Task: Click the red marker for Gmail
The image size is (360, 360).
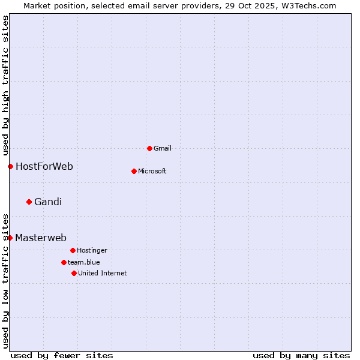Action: tap(149, 148)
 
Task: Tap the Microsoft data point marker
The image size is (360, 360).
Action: tap(134, 171)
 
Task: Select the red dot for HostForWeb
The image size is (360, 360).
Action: tap(10, 166)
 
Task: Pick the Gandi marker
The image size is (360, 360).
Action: tap(29, 202)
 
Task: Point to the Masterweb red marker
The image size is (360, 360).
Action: tap(10, 238)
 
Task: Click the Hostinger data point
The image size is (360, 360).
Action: tap(73, 250)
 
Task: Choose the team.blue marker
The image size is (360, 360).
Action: tap(64, 262)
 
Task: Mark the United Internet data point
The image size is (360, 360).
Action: tap(74, 273)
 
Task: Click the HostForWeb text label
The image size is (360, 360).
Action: tap(44, 167)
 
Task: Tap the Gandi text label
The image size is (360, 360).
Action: tap(48, 202)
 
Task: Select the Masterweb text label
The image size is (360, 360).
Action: tap(41, 238)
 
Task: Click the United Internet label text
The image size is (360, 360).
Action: tap(103, 274)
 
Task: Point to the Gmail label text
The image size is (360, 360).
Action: tap(163, 149)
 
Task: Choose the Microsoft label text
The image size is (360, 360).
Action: tap(152, 172)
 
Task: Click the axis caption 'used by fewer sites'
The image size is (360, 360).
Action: tap(62, 355)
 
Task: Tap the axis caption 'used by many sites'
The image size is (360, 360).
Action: tap(301, 355)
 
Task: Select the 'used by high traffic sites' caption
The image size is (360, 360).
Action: tap(5, 85)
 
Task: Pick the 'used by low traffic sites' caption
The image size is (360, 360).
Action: tap(5, 280)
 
